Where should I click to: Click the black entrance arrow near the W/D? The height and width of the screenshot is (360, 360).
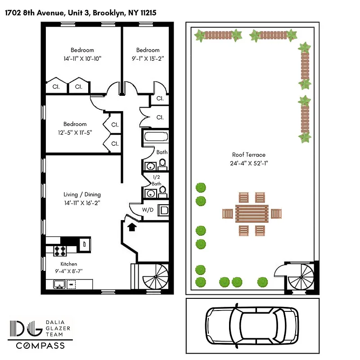(x=131, y=227)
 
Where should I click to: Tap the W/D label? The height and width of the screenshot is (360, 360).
(x=148, y=209)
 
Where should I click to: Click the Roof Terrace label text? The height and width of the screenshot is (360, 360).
(x=246, y=155)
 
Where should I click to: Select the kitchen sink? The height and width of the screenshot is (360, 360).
(x=58, y=284)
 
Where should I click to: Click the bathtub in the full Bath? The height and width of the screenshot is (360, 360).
(x=156, y=138)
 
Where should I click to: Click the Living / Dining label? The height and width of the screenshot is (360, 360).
(x=82, y=194)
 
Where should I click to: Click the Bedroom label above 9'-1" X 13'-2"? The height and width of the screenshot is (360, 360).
(x=148, y=50)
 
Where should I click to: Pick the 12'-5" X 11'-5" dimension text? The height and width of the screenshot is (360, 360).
(x=75, y=132)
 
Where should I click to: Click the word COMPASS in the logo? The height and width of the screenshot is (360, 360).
(x=40, y=346)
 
